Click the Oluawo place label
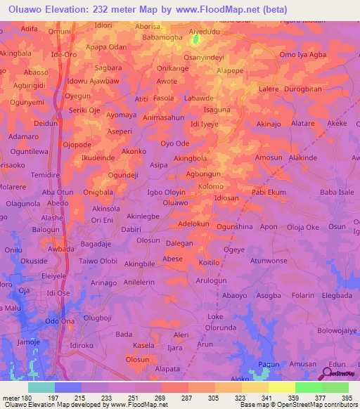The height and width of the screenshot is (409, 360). click(x=175, y=202)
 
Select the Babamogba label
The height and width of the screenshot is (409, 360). click(x=162, y=37)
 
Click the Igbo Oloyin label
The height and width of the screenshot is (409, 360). click(x=166, y=191)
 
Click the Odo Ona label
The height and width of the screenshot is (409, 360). click(x=59, y=321)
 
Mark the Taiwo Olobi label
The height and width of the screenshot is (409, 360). click(x=98, y=261)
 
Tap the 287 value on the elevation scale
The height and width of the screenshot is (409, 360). click(x=186, y=398)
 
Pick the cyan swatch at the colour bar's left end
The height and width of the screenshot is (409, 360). click(x=41, y=387)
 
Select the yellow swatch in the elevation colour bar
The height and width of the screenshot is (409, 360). click(x=281, y=387)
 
